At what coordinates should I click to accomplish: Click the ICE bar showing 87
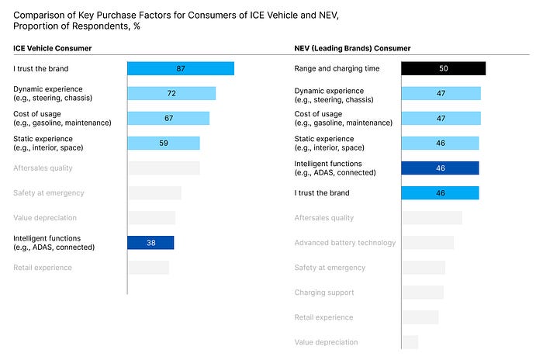pos(181,68)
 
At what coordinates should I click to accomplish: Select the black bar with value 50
pos(443,68)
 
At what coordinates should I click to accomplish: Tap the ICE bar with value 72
pos(171,93)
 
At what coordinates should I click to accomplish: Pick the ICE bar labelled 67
pos(168,118)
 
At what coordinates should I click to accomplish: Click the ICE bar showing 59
pos(164,143)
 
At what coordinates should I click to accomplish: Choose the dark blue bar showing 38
pos(150,242)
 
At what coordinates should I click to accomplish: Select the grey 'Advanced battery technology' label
pos(345,243)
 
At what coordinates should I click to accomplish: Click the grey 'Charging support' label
pos(324,292)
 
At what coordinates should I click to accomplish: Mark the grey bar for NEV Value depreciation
pos(410,342)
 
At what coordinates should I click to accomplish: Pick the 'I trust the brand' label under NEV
pos(322,193)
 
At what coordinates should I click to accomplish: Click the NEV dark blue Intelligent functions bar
pos(440,168)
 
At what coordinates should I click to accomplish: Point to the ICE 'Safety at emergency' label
pos(49,193)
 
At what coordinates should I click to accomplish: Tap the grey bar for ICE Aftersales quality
pos(164,168)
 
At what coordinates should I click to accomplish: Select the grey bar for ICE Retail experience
pos(148,268)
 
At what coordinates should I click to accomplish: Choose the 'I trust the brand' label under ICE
pos(41,68)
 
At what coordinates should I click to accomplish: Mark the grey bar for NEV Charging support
pos(423,292)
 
